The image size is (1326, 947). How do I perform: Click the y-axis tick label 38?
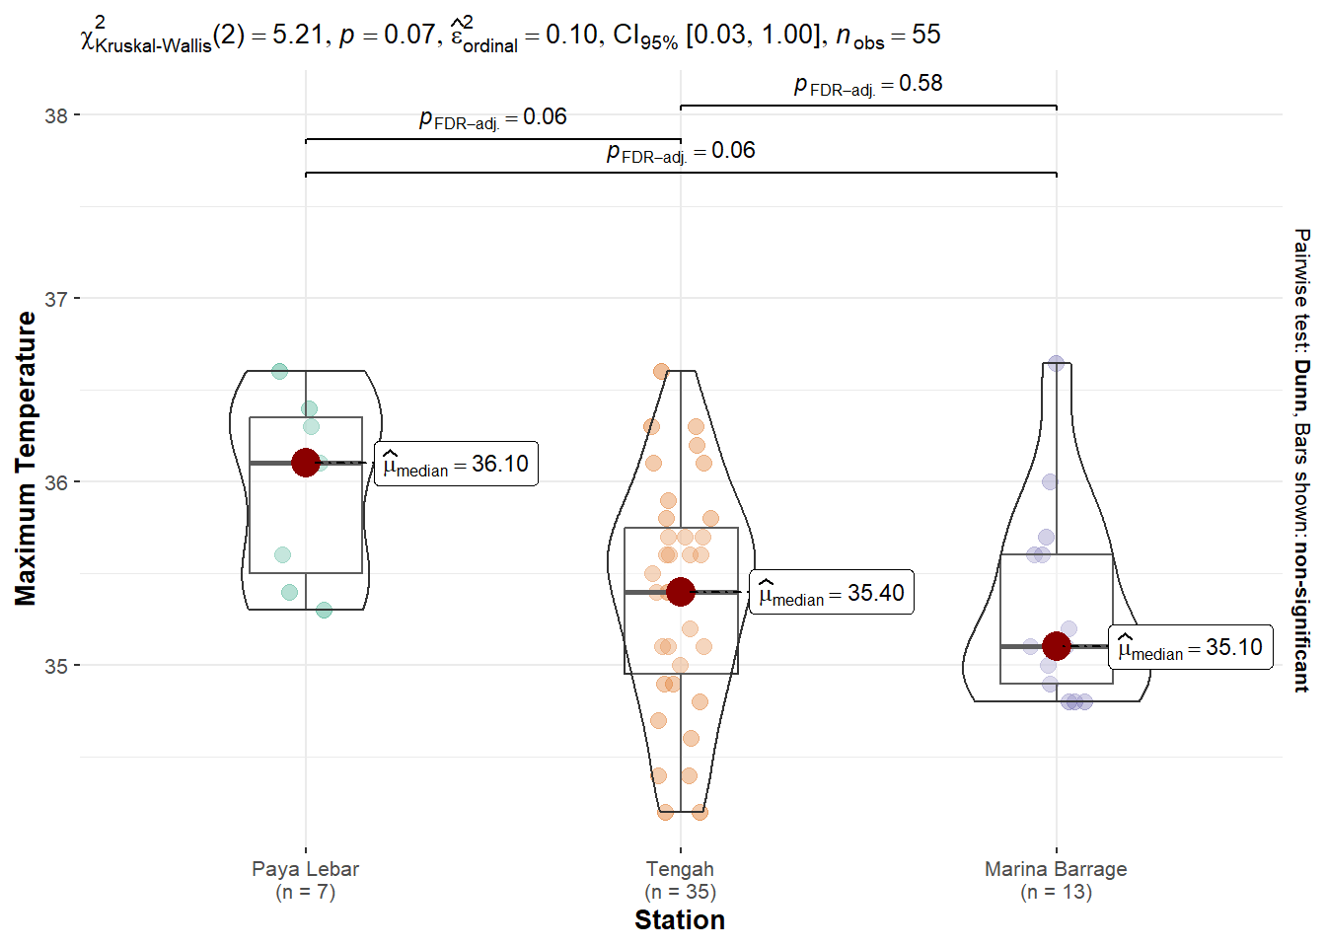coord(55,115)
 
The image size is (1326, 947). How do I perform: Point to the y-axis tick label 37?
coord(55,299)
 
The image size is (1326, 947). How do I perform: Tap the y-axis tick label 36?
coord(55,482)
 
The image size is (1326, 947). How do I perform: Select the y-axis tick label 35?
coord(55,666)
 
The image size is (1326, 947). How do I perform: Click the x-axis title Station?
coord(680,920)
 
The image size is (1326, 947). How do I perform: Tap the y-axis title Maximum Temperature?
coord(26,459)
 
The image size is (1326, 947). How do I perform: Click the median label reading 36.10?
coord(456,464)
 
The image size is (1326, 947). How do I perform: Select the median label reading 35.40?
coord(832,593)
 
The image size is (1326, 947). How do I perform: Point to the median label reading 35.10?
coord(1190,647)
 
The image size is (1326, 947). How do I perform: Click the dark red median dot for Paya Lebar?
coord(305,463)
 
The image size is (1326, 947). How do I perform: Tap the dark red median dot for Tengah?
coord(680,592)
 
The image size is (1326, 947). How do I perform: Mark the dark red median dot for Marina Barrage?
coord(1056,646)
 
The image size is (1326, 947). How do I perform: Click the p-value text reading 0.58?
coord(868,84)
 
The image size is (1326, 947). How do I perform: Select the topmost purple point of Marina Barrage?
coord(1056,363)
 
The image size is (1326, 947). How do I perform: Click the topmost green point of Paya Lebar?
coord(279,371)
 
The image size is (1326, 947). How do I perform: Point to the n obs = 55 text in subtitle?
coord(888,36)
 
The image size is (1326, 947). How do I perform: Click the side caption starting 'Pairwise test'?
coord(1302,460)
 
